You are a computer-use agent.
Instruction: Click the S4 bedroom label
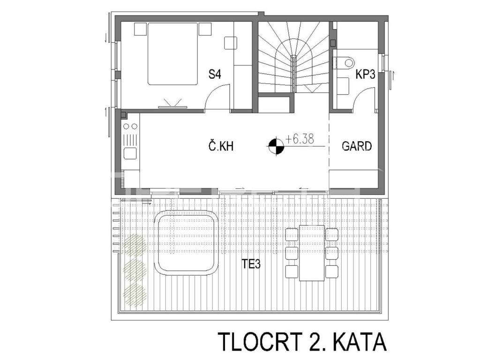click(x=215, y=74)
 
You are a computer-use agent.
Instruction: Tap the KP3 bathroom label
click(x=365, y=75)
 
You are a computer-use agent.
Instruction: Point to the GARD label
click(x=357, y=146)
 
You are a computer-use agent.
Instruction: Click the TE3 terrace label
click(x=251, y=264)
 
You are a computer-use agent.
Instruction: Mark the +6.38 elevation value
click(x=300, y=139)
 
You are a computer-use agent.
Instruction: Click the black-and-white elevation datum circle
click(x=276, y=147)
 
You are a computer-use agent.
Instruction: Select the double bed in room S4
click(x=172, y=54)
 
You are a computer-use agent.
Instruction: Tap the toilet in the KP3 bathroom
click(x=344, y=63)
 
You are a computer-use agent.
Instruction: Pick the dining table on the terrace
click(x=312, y=253)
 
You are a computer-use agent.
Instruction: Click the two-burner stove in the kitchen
click(x=130, y=126)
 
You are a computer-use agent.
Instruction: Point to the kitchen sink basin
click(x=130, y=153)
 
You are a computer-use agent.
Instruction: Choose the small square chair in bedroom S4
click(x=231, y=43)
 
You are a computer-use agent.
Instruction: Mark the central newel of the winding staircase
click(x=293, y=74)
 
